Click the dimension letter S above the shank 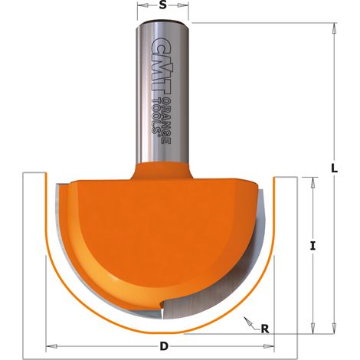162,5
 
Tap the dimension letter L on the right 334,169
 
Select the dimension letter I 313,246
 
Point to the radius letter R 265,329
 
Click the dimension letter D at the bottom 164,346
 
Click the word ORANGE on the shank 166,121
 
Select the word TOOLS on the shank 156,116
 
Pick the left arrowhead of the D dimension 51,346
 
